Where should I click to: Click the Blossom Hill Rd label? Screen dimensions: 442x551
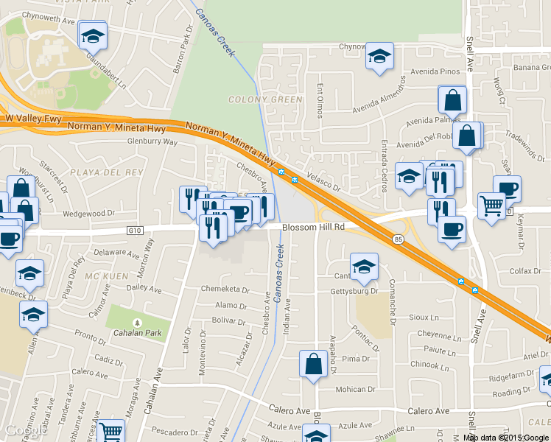(314, 228)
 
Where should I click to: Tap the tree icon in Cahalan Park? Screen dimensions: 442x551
(136, 323)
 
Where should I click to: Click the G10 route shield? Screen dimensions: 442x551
(133, 231)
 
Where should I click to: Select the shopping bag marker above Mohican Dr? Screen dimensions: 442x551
(313, 365)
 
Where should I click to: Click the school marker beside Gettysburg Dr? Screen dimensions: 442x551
(363, 267)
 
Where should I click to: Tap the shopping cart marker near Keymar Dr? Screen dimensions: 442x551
(491, 206)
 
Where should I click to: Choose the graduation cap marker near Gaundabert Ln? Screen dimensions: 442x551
(94, 35)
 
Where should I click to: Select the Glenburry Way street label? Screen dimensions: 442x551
(152, 141)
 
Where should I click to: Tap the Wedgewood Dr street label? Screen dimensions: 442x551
(89, 214)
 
